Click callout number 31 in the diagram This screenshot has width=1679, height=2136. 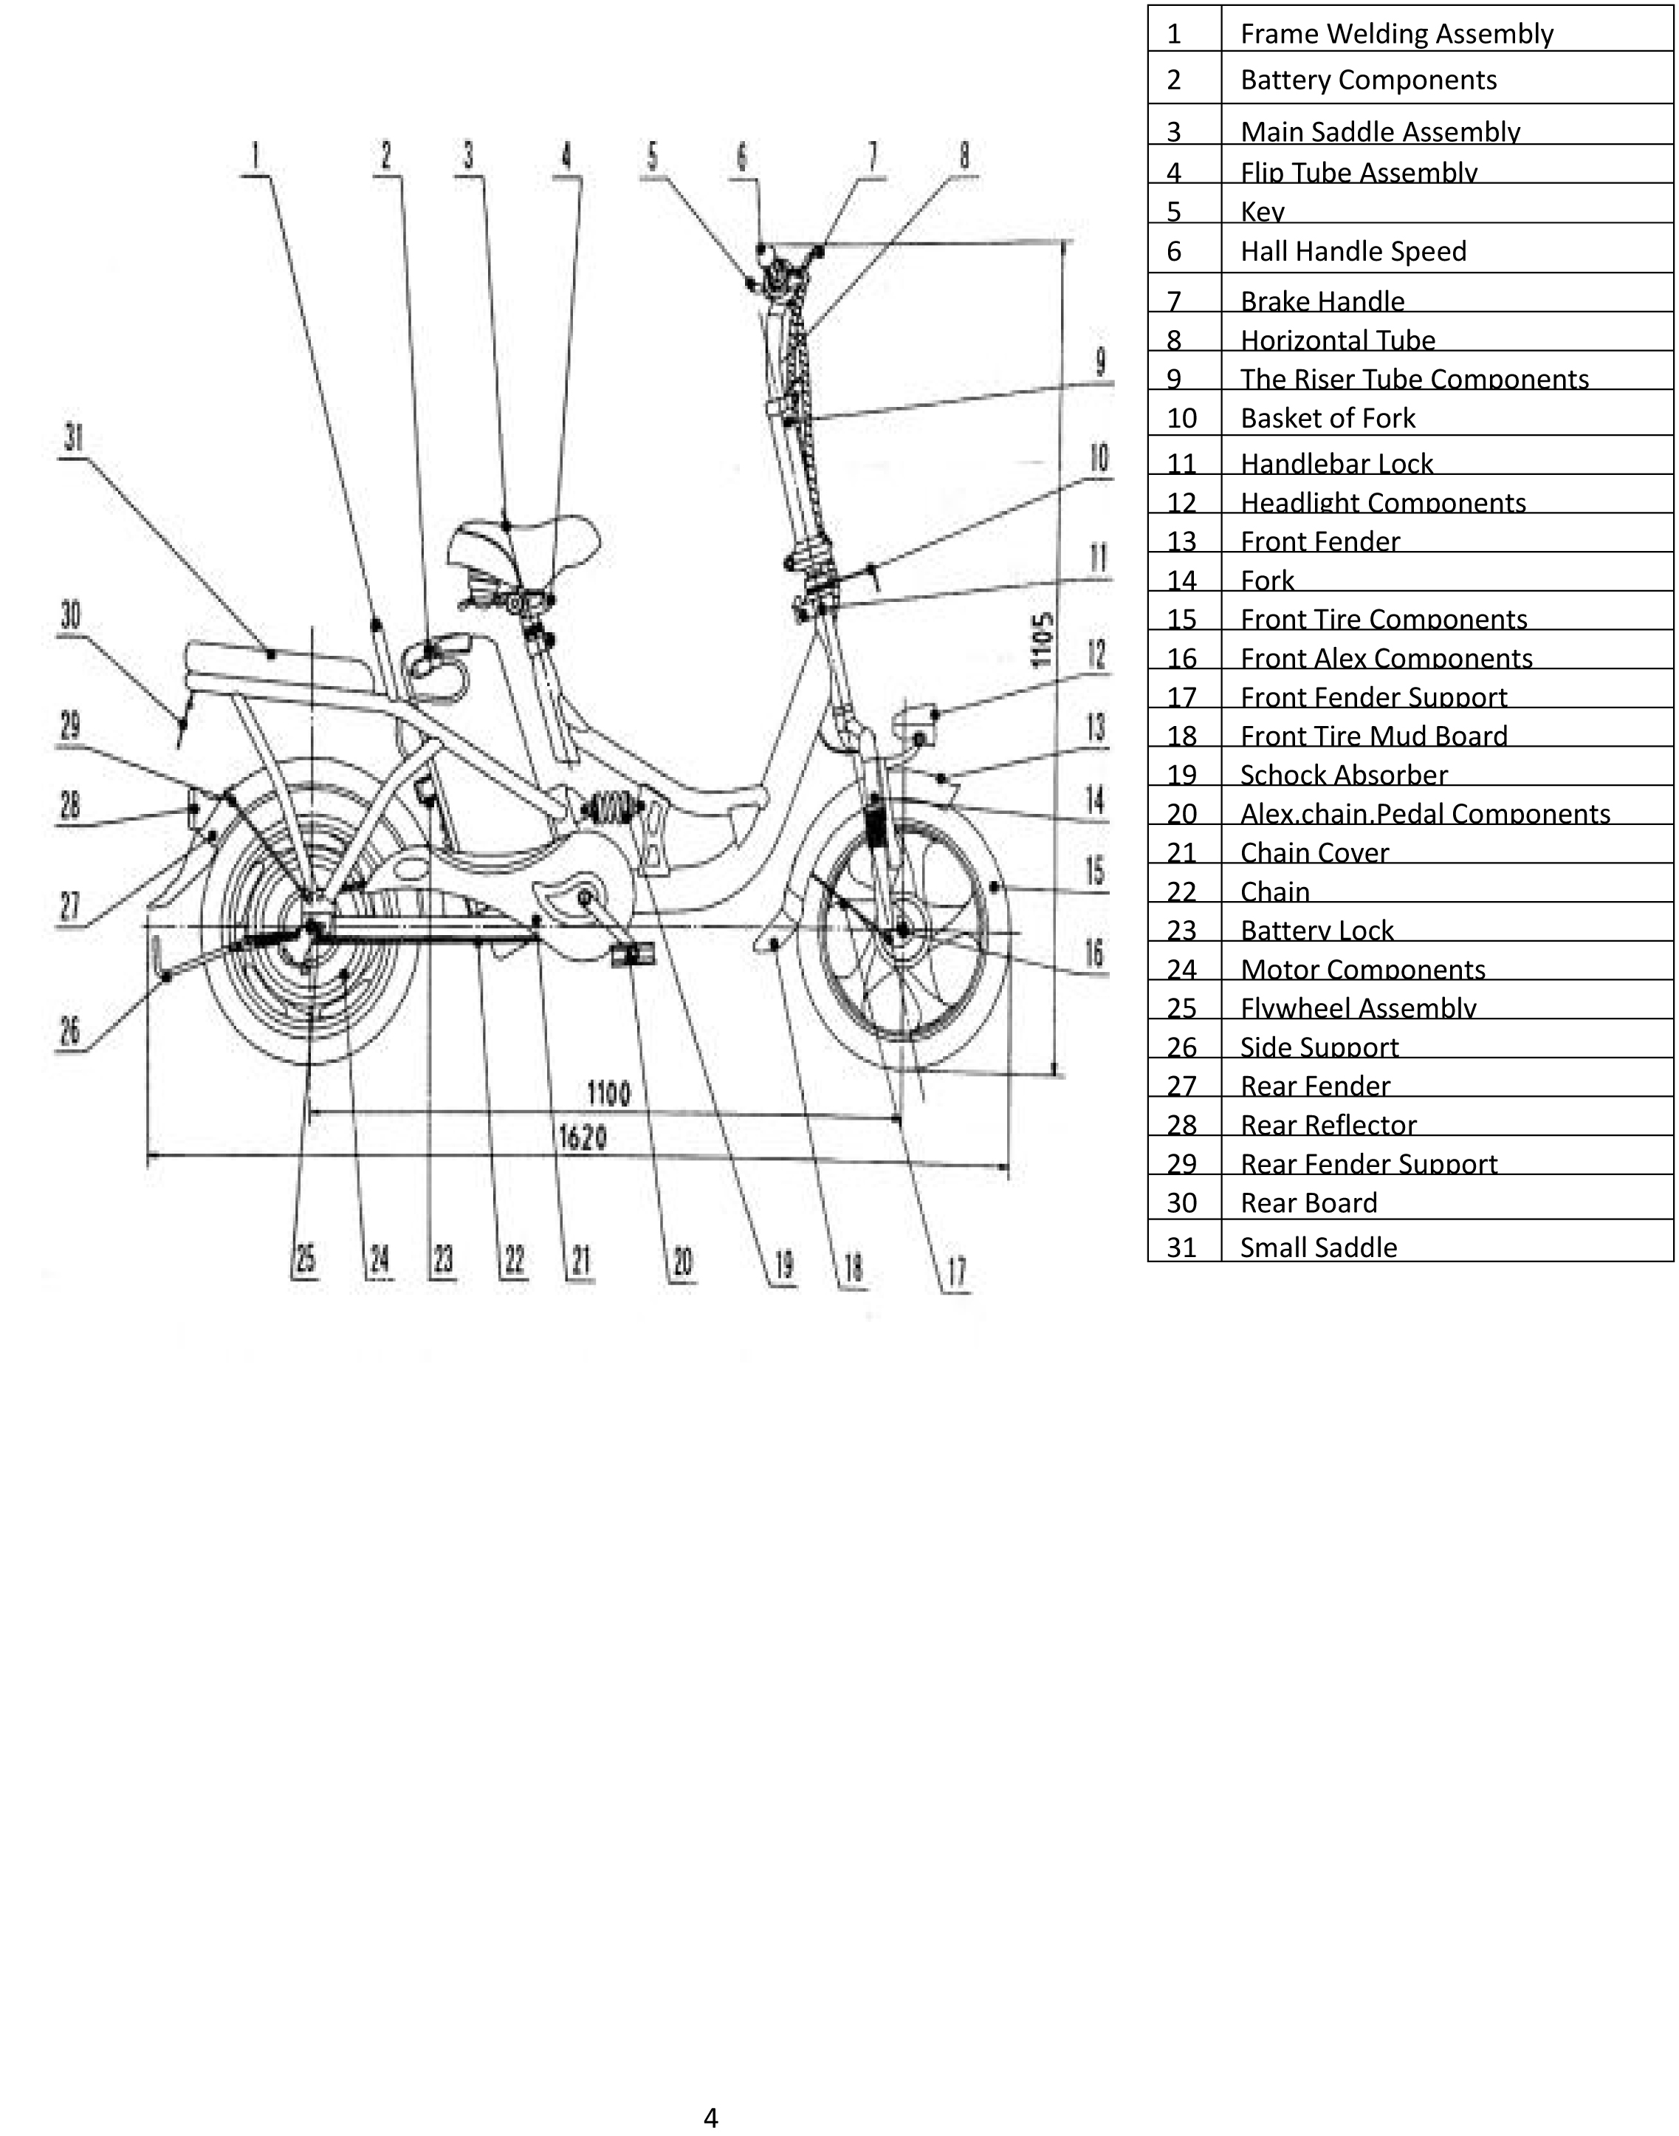73,438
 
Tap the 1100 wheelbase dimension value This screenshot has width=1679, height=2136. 608,1092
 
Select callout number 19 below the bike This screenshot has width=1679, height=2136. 783,1264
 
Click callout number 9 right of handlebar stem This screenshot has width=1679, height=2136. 1101,362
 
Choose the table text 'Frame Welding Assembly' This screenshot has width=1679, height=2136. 1396,33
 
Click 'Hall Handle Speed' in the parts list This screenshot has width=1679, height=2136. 1353,251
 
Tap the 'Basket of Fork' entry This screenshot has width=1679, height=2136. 1327,418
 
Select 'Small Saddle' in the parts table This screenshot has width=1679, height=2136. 1318,1247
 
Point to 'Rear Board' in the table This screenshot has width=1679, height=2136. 1308,1202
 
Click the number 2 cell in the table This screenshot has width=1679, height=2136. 1174,80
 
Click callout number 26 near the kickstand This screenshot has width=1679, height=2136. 70,1032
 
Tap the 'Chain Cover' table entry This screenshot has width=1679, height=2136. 1314,852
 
